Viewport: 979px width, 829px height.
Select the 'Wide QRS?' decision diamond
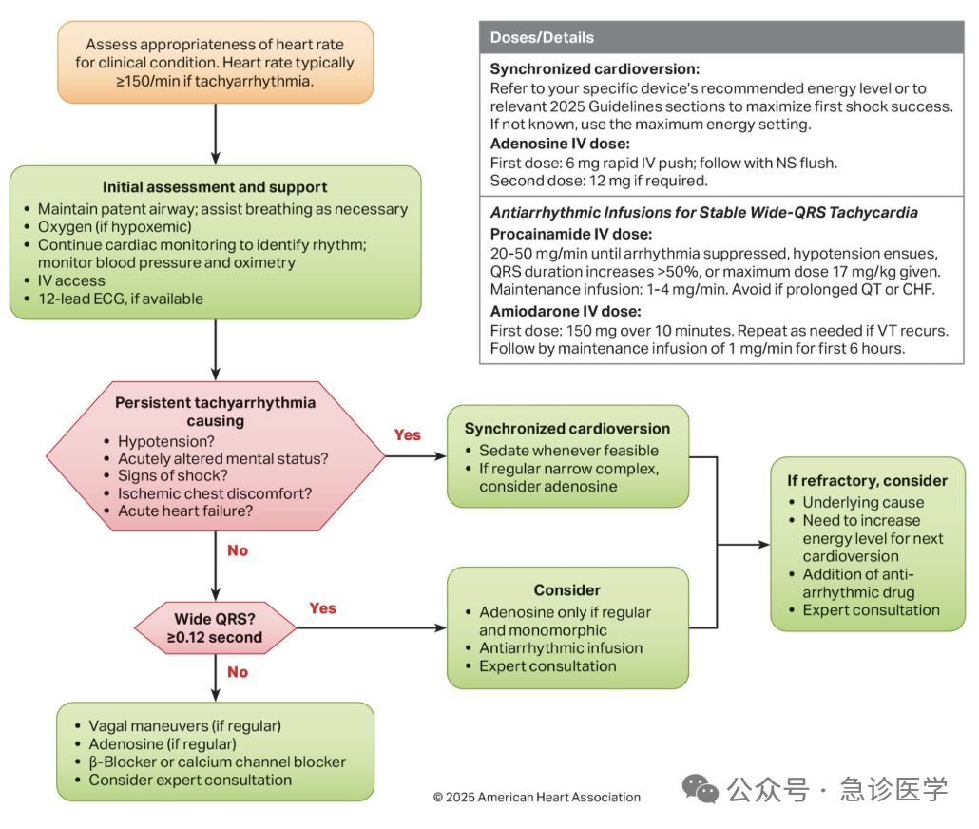(216, 627)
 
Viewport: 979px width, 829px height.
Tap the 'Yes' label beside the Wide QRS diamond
(323, 608)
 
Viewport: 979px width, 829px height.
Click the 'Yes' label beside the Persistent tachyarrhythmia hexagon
(407, 434)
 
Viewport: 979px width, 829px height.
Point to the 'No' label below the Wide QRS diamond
(238, 672)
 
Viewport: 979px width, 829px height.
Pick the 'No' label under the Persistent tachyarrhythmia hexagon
(238, 550)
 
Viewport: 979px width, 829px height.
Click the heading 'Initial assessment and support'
(215, 187)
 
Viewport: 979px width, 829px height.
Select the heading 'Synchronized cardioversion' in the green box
(566, 429)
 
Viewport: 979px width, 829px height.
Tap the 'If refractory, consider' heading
(867, 480)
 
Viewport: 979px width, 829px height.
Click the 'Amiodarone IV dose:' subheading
(566, 311)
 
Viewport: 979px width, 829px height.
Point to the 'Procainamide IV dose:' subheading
(571, 234)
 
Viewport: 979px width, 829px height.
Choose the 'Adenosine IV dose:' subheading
(560, 144)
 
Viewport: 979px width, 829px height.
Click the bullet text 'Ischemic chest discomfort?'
(215, 493)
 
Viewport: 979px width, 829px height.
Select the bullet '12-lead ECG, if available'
(121, 299)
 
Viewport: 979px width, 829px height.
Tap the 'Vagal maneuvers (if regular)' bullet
(184, 726)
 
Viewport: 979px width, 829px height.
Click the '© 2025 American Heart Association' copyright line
(537, 797)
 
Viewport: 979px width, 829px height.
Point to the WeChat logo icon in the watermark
(700, 788)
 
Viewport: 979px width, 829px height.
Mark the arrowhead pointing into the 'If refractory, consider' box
(763, 545)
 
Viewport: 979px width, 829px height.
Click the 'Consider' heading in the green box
(566, 590)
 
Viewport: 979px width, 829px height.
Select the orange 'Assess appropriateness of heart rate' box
(216, 63)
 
